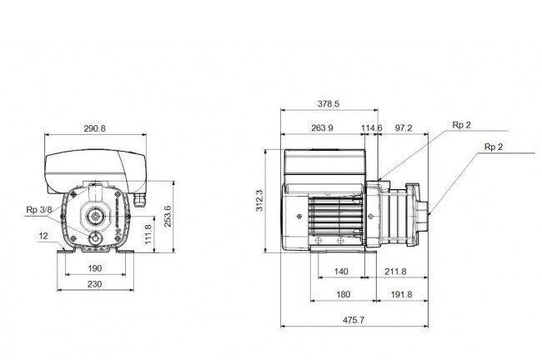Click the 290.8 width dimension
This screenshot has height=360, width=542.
click(94, 128)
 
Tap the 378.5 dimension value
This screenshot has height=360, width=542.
click(329, 103)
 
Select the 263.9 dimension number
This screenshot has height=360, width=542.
click(322, 127)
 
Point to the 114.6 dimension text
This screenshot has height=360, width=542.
click(372, 127)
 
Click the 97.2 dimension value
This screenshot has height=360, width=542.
click(404, 127)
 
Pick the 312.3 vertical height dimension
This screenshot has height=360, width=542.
click(259, 200)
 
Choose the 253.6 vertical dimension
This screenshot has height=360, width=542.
click(168, 217)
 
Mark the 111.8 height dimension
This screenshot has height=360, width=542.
click(148, 234)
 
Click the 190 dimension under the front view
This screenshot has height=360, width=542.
click(95, 268)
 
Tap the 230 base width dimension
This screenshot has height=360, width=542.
click(94, 284)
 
